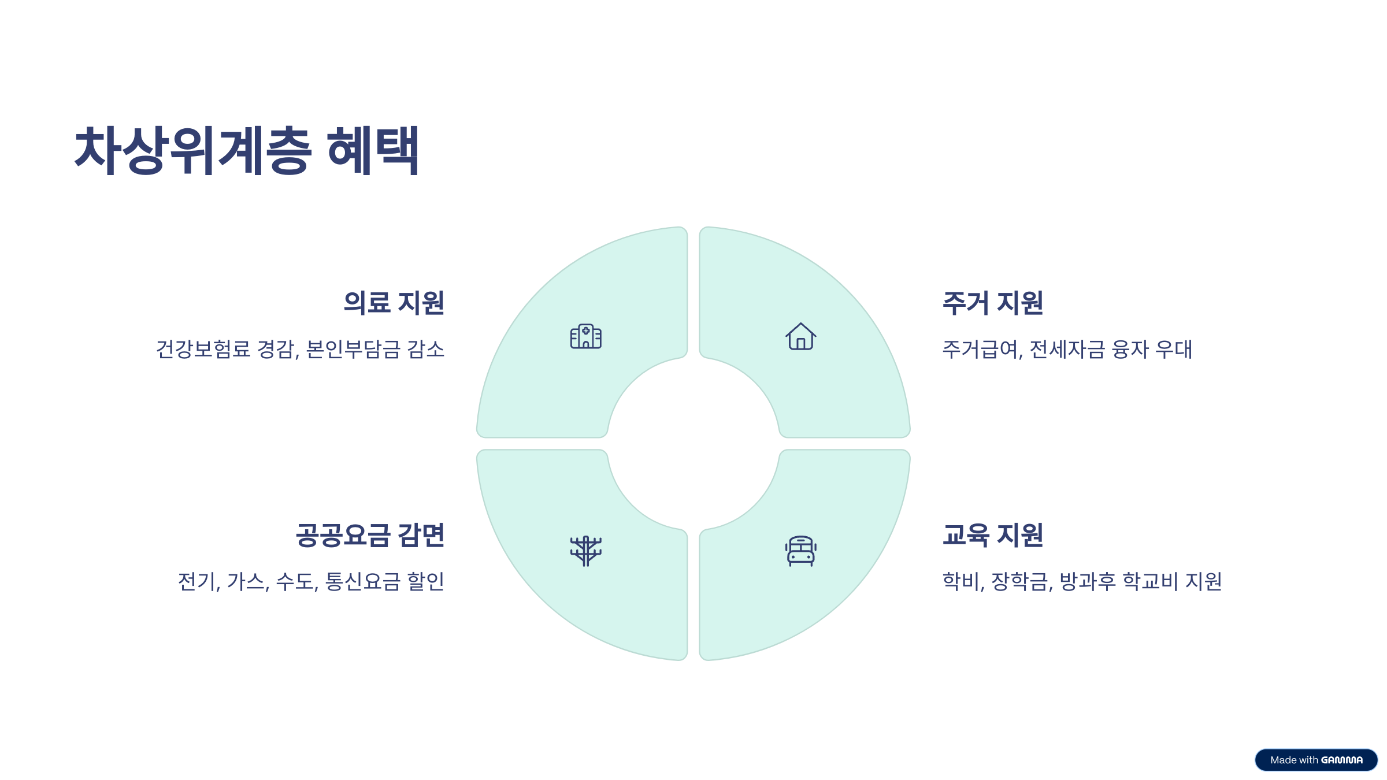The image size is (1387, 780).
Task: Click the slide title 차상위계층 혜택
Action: (x=247, y=150)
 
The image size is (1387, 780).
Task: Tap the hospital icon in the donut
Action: (x=585, y=336)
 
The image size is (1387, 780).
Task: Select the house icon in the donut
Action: (x=800, y=336)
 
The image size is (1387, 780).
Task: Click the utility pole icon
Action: (x=585, y=551)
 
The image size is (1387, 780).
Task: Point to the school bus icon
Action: (x=800, y=551)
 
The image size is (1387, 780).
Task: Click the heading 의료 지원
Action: (x=394, y=303)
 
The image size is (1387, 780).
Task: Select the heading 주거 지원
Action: (x=992, y=303)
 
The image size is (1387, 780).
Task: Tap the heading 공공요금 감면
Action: (x=370, y=535)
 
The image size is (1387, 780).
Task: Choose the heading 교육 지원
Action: (x=992, y=535)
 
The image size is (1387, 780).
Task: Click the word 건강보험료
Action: (x=203, y=349)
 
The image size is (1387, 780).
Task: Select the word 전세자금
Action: (x=1067, y=349)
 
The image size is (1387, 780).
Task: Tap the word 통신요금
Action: (x=362, y=581)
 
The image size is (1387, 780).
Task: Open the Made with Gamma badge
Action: (x=1316, y=760)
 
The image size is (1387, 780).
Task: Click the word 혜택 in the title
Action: (x=373, y=150)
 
